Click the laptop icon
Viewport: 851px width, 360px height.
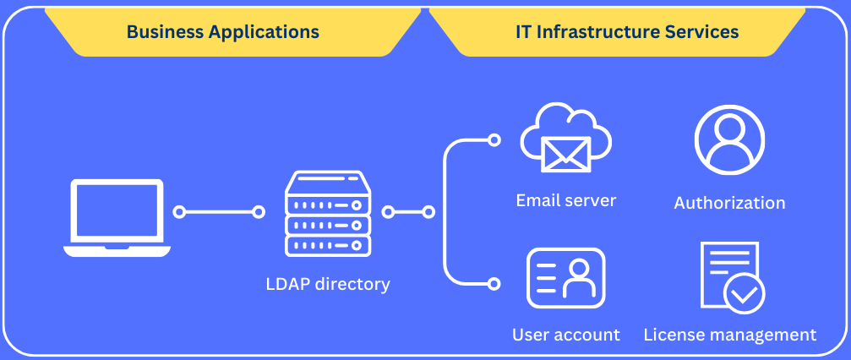click(x=117, y=218)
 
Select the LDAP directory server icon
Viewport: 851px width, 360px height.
click(x=328, y=214)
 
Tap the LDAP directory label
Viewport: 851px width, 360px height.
click(x=328, y=284)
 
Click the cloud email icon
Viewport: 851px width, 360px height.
click(x=565, y=139)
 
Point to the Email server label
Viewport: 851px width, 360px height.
click(x=565, y=200)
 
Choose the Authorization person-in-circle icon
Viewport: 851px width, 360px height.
click(x=729, y=140)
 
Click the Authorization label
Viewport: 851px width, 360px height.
click(x=729, y=203)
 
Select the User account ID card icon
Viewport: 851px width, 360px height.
click(x=565, y=278)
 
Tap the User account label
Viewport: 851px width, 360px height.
click(x=565, y=335)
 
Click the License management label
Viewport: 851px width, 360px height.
click(x=730, y=335)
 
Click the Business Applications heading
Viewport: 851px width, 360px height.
click(x=222, y=31)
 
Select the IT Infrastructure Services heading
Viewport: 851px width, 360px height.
click(x=627, y=31)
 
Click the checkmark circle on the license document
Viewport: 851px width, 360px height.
click(x=745, y=294)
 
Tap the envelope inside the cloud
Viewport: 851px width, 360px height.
click(x=565, y=154)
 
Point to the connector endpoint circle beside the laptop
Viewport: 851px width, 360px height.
click(x=179, y=212)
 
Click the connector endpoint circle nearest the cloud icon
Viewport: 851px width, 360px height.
click(x=494, y=140)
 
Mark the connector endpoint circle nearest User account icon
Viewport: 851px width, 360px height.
click(x=494, y=283)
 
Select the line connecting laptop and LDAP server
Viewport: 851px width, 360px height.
click(x=219, y=212)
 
